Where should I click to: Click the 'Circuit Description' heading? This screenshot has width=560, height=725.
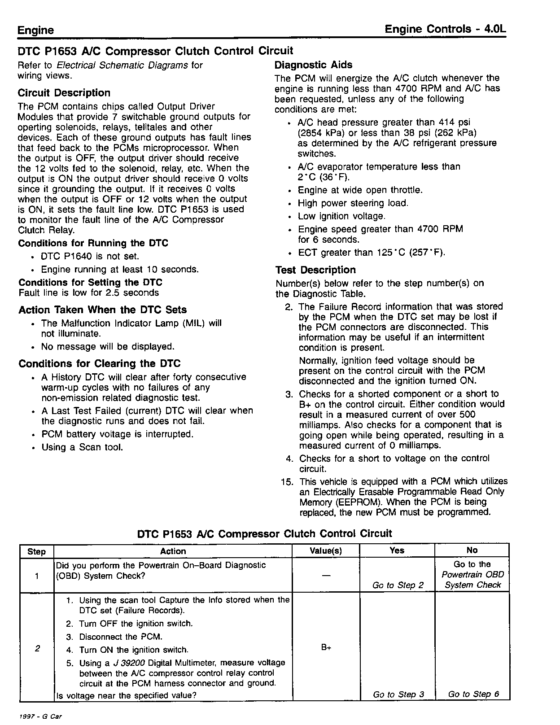tap(64, 93)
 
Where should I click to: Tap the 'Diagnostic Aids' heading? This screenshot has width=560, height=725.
tap(313, 65)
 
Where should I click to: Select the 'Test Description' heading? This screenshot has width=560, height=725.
tap(315, 270)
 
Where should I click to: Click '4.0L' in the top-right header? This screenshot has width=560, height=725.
tap(495, 29)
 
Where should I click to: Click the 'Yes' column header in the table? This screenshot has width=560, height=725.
tap(397, 550)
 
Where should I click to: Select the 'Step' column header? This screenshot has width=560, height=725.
tap(36, 551)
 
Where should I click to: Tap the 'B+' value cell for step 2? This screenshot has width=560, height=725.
tap(326, 648)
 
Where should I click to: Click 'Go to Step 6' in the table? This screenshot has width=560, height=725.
tap(473, 694)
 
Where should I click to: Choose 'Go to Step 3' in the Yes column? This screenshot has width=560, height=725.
tap(398, 694)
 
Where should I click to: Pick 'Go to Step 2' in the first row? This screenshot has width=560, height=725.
tap(398, 585)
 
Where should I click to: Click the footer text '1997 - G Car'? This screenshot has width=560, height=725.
tap(41, 716)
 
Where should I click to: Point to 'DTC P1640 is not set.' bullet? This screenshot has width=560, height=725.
tap(90, 257)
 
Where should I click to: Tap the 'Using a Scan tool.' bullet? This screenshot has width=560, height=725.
tap(82, 447)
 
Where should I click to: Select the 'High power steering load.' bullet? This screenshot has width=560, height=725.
tap(353, 203)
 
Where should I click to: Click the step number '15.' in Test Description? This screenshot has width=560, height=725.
tap(287, 482)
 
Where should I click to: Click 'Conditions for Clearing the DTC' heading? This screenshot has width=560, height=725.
tap(99, 364)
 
